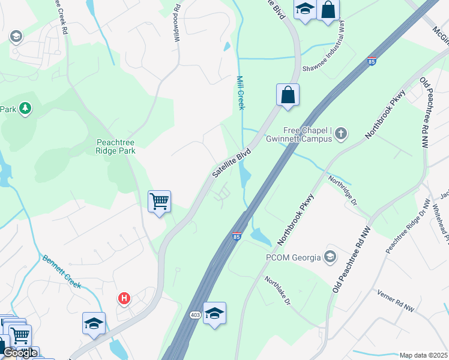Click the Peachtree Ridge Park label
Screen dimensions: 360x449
[115, 146]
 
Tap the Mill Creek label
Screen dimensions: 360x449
[241, 93]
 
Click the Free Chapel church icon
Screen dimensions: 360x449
[341, 133]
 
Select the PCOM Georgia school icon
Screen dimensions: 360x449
[330, 257]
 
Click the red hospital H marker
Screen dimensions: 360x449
[124, 298]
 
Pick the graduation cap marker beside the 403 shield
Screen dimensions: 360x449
[214, 313]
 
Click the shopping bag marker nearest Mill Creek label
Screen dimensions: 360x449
[288, 95]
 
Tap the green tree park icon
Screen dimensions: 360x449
[25, 109]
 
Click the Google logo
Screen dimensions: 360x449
[20, 353]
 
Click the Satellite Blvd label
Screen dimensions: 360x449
[231, 163]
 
